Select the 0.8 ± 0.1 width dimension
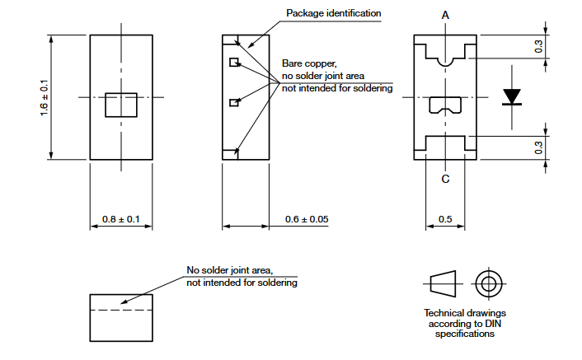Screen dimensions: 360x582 tap(121, 219)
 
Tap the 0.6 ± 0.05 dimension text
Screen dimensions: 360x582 tap(306, 219)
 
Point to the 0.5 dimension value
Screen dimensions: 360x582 tap(444, 219)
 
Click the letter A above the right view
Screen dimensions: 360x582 tap(445, 16)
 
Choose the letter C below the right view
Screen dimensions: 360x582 tap(445, 180)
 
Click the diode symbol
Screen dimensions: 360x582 tap(512, 97)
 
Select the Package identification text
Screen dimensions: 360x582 tap(334, 14)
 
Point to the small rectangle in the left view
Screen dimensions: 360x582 tap(121, 106)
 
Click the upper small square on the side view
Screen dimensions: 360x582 tap(234, 62)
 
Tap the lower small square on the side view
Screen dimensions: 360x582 tap(234, 103)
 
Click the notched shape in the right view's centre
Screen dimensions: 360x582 tap(445, 105)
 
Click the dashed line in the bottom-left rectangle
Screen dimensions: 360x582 tap(121, 310)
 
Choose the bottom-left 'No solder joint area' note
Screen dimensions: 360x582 tap(241, 276)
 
